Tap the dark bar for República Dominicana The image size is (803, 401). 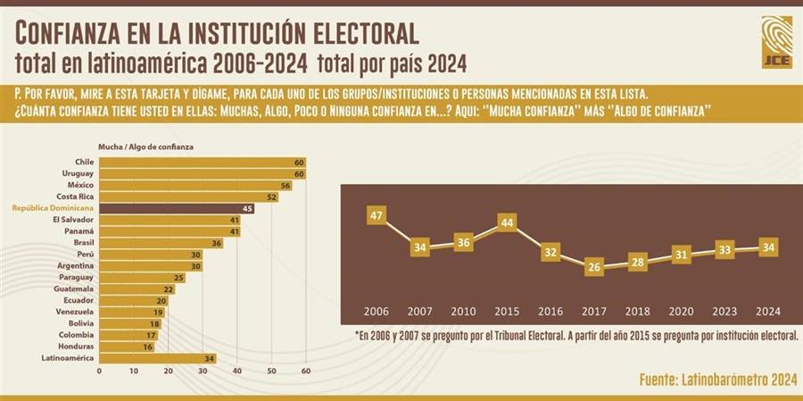click(x=176, y=208)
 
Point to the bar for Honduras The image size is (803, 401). click(x=126, y=346)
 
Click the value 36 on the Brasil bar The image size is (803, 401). click(x=217, y=243)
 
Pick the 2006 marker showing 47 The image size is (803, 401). click(x=377, y=214)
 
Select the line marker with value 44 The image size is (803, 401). click(x=507, y=221)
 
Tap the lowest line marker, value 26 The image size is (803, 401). click(x=593, y=267)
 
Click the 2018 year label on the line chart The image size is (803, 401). click(x=637, y=311)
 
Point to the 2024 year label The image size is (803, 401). click(x=766, y=311)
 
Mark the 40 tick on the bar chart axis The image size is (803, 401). click(x=236, y=371)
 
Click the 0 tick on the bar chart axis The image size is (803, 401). click(x=99, y=371)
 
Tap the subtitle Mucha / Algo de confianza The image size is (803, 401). click(x=146, y=146)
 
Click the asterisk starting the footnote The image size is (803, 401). click(x=357, y=335)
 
